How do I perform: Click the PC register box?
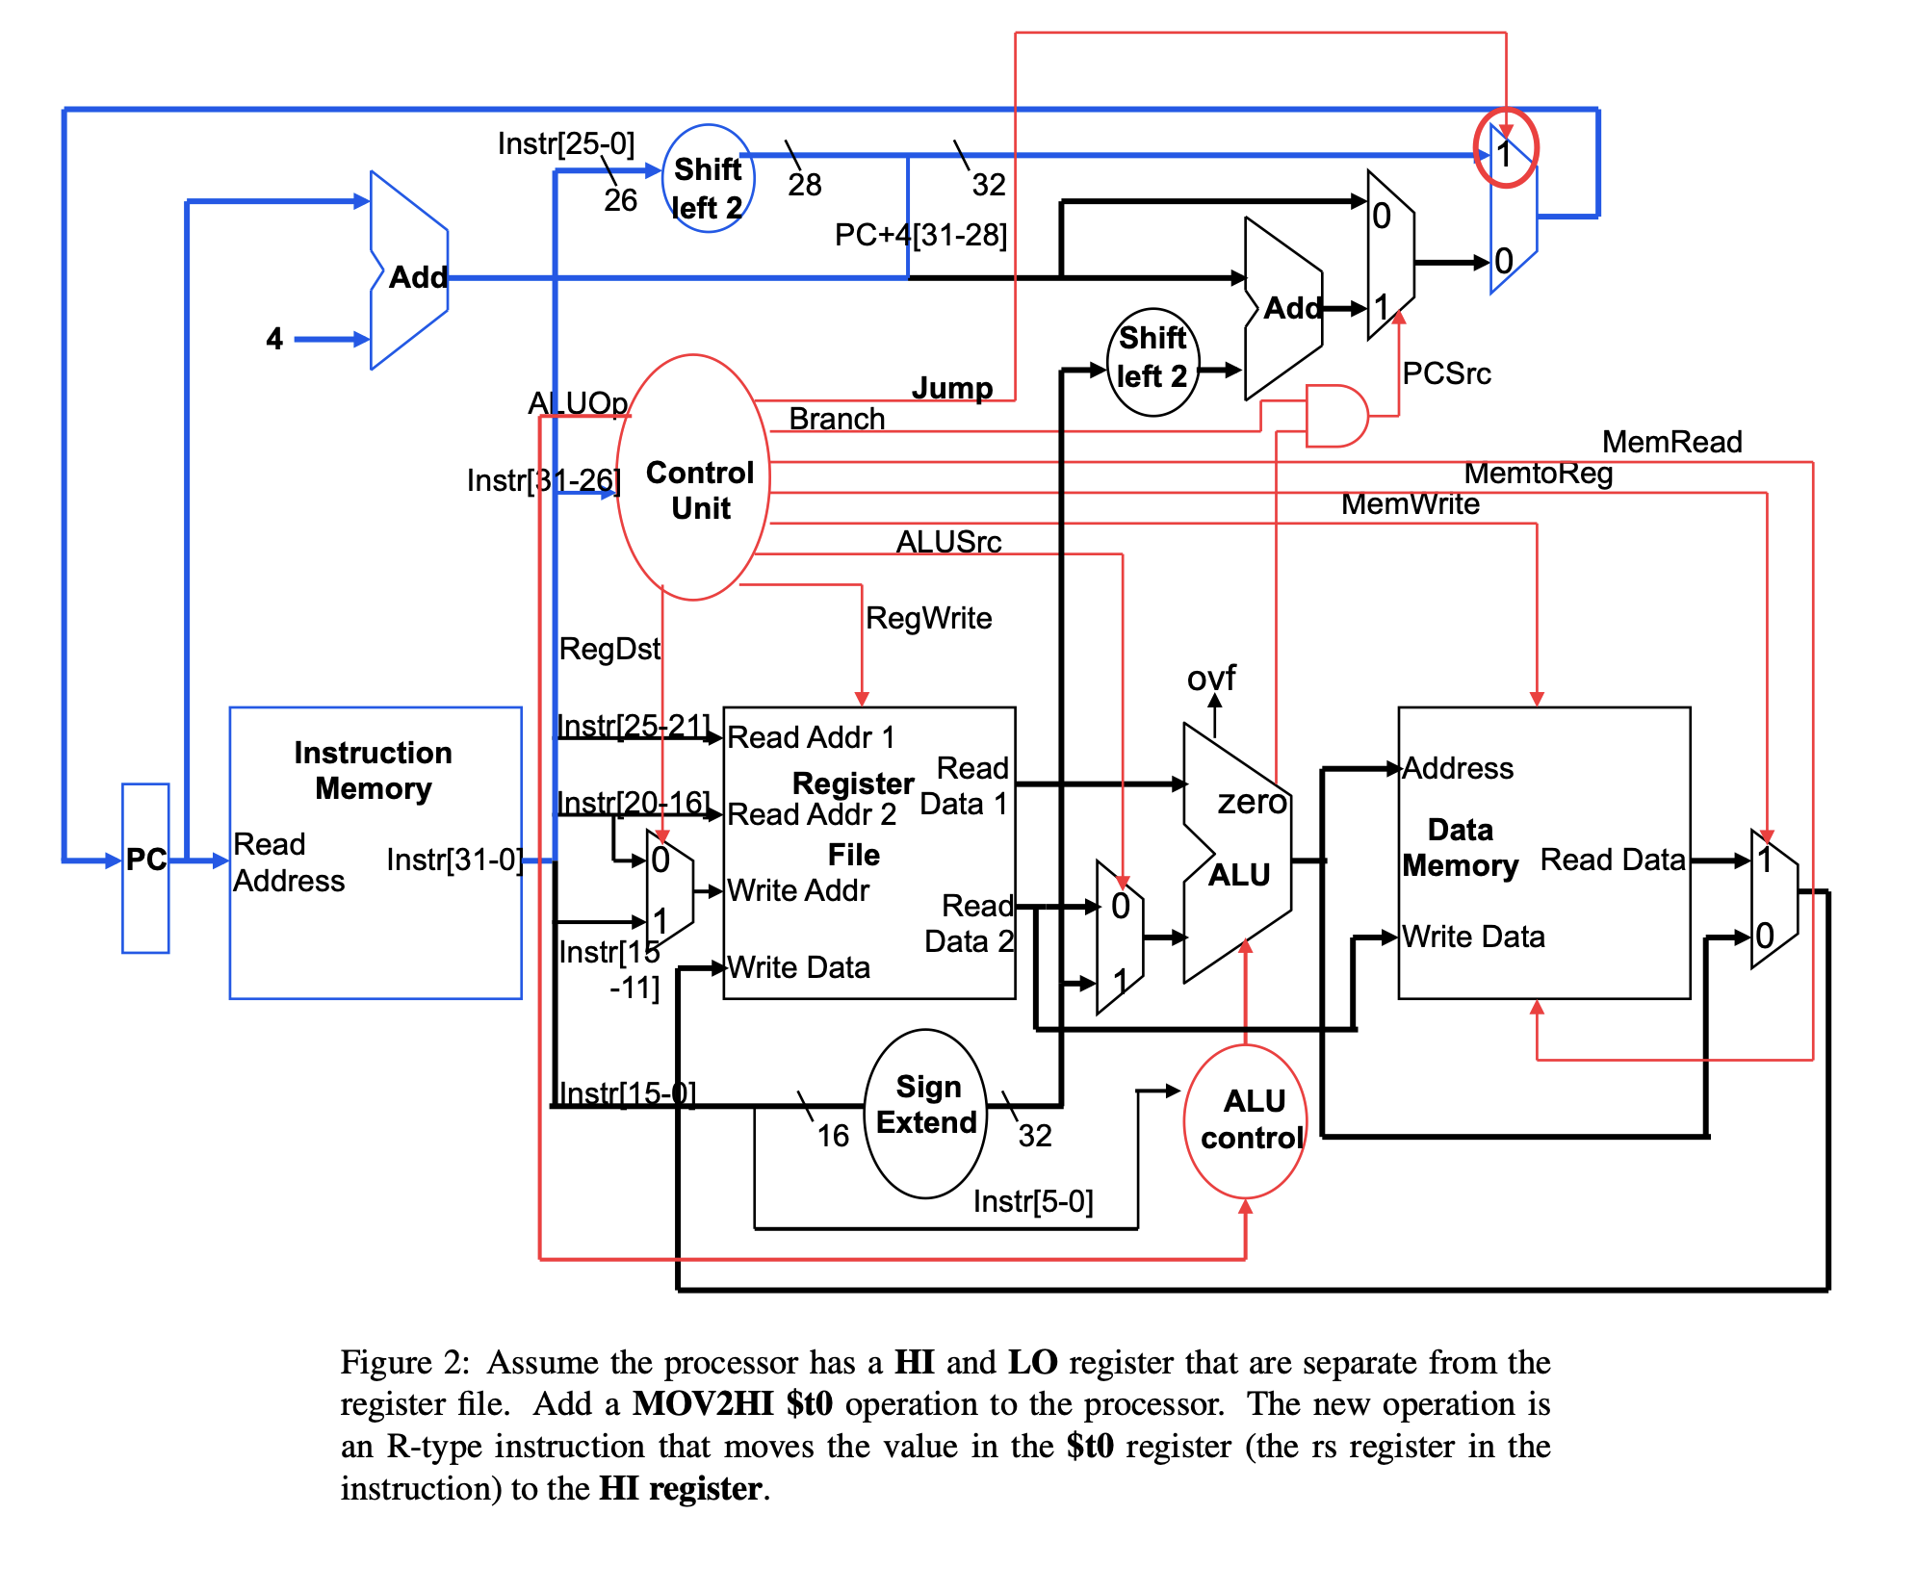pos(145,867)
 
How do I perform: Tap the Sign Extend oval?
pos(925,1113)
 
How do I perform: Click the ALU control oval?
pos(1246,1120)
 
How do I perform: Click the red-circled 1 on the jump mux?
pos(1505,149)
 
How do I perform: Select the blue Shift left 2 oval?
pos(709,179)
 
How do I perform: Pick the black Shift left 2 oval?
pos(1152,362)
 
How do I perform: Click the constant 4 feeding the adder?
pos(274,339)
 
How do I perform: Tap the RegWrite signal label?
pos(928,618)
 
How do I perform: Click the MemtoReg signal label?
pos(1538,473)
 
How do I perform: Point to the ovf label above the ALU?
pos(1210,679)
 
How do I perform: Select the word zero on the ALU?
pos(1252,801)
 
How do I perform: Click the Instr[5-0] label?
pos(1032,1201)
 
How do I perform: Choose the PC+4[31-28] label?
pos(919,235)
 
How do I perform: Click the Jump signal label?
pos(951,388)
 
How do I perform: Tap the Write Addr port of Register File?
pos(797,891)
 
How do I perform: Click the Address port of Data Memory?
pos(1457,768)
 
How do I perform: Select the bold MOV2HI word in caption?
pos(703,1404)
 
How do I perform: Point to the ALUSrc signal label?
pos(948,542)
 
